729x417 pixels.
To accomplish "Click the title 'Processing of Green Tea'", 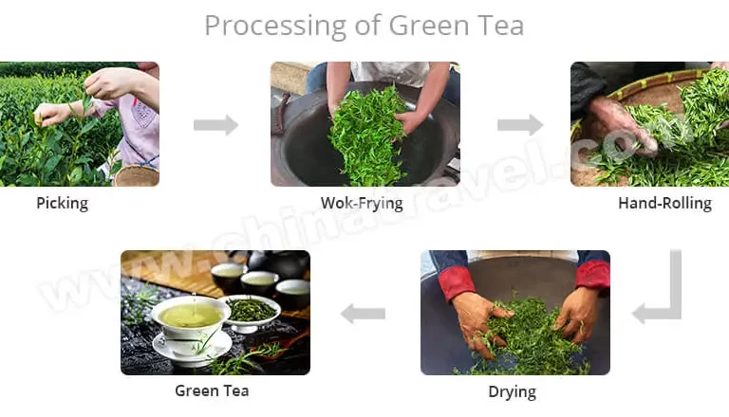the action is coord(364,26).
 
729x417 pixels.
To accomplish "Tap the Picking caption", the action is coord(63,204).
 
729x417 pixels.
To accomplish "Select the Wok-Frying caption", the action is coord(362,204).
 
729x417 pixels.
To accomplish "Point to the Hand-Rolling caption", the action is coord(664,204).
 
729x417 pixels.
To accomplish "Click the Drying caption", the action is coord(512,391).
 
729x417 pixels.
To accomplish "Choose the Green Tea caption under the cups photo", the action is coord(212,390).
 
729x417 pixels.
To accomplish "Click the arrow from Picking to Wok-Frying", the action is coord(216,125).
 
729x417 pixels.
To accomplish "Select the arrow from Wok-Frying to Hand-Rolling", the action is coord(520,125).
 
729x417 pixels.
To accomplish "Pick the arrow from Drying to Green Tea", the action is coord(364,314).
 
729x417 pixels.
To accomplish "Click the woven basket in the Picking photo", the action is coord(137,175).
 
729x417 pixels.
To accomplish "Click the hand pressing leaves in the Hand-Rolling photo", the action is coord(621,125).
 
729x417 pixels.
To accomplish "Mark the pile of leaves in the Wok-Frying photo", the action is coord(367,137).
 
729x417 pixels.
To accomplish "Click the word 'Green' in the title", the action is coord(429,26).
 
